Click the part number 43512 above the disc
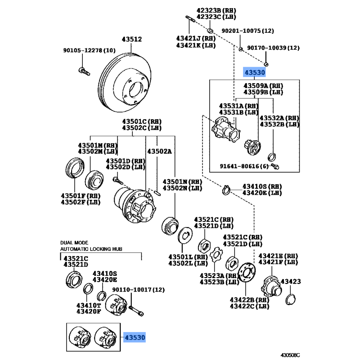(133, 40)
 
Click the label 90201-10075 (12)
(247, 31)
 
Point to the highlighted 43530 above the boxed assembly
(255, 72)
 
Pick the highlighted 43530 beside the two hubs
(135, 337)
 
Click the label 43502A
(160, 152)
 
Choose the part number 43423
(291, 282)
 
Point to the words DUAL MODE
(75, 242)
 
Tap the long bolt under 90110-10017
(136, 309)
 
